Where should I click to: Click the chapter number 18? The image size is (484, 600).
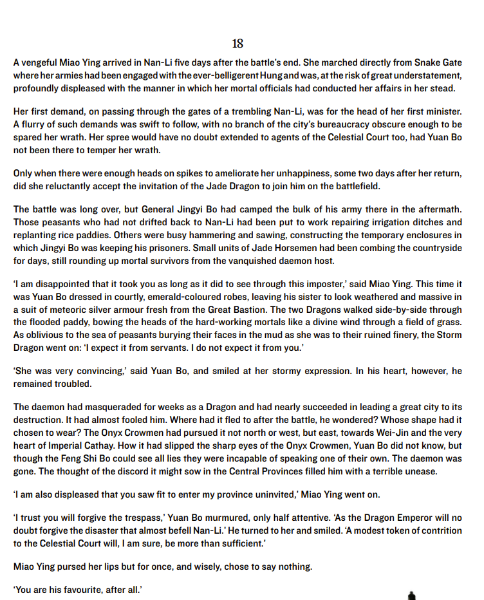click(x=237, y=44)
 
